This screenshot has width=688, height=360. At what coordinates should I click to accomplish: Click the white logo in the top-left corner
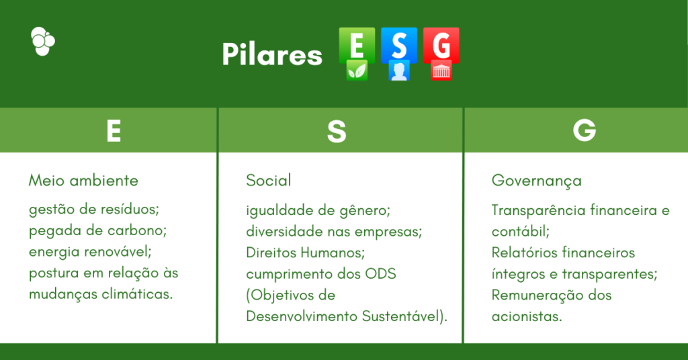[x=43, y=41]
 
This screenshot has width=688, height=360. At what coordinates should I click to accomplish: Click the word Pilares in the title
[x=272, y=55]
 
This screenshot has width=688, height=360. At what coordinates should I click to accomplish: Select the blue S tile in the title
[x=399, y=46]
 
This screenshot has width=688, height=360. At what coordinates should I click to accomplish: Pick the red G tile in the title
[x=441, y=46]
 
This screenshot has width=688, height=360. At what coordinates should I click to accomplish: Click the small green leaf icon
[x=357, y=71]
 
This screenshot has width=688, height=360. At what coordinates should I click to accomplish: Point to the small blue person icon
[x=399, y=71]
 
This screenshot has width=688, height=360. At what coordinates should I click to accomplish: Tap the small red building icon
[x=441, y=71]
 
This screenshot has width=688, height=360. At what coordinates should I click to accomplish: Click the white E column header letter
[x=114, y=132]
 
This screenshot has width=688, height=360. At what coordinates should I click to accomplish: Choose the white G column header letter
[x=584, y=132]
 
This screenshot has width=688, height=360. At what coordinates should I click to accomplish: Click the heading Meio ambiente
[x=83, y=181]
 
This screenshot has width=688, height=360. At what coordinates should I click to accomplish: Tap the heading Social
[x=269, y=181]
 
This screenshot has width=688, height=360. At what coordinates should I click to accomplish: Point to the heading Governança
[x=537, y=181]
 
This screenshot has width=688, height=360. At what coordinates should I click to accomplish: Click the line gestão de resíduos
[x=94, y=210]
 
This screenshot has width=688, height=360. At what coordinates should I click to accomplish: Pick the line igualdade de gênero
[x=318, y=210]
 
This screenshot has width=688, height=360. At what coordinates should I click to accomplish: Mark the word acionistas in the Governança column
[x=526, y=316]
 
